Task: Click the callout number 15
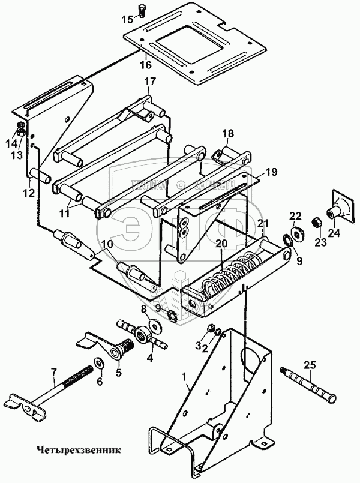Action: pyautogui.click(x=127, y=19)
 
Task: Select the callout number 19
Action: pyautogui.click(x=271, y=172)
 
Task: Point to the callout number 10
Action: pyautogui.click(x=106, y=244)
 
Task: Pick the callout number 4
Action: pyautogui.click(x=149, y=359)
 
